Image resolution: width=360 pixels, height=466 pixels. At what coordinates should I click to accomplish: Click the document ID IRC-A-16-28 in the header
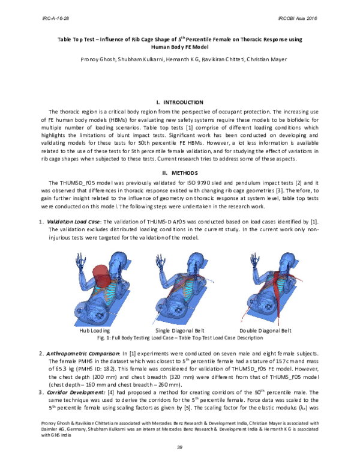point(55,19)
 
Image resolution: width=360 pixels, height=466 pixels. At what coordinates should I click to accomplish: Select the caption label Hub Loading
point(95,331)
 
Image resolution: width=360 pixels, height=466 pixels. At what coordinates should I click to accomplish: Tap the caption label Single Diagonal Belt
point(181,331)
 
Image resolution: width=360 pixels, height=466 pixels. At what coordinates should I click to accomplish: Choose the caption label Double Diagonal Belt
point(265,331)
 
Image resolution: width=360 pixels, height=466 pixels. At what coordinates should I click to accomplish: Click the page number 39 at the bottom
point(179,447)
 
